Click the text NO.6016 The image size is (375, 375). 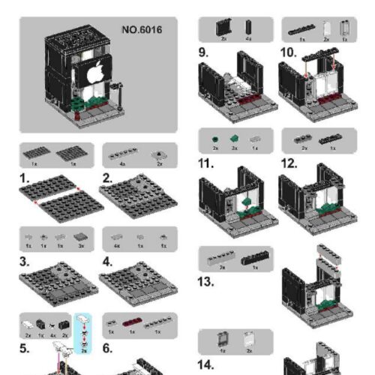point(142,30)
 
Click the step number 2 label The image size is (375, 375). point(107,179)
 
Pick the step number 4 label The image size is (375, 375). point(107,263)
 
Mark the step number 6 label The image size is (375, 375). point(107,349)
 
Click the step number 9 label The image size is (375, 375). point(203,52)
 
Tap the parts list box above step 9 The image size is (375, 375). point(234,31)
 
